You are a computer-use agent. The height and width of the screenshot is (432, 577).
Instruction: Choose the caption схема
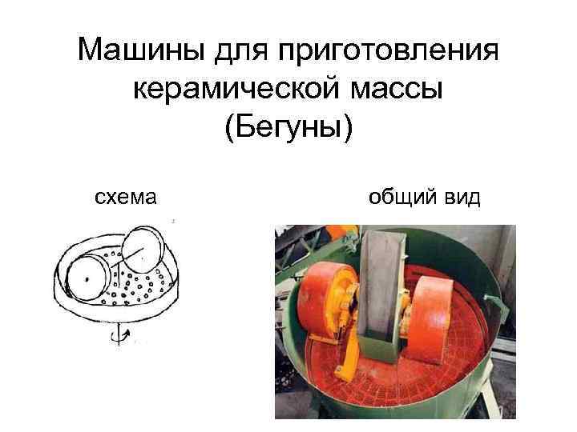pyautogui.click(x=125, y=197)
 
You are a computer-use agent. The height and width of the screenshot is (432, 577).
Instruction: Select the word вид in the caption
pyautogui.click(x=463, y=197)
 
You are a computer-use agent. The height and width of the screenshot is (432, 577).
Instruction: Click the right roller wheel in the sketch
pyautogui.click(x=141, y=251)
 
